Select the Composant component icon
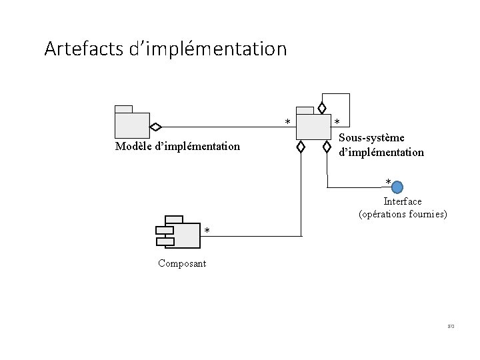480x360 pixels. (x=178, y=232)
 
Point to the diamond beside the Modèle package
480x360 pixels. (x=155, y=126)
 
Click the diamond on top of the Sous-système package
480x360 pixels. (x=322, y=108)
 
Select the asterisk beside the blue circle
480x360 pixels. (x=388, y=182)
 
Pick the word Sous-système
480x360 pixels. (x=371, y=138)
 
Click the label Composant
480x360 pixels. (x=182, y=263)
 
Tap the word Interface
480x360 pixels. (x=402, y=201)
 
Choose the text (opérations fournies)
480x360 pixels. (x=403, y=215)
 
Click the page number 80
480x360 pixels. (x=451, y=327)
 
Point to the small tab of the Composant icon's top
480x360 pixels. (x=174, y=219)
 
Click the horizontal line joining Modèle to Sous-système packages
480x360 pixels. (x=227, y=126)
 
